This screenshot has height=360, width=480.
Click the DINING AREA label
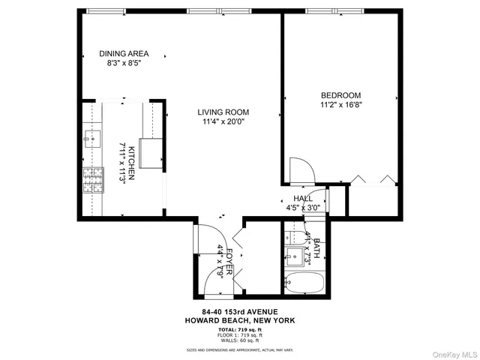point(124,53)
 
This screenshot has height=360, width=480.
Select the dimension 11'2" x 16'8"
point(340,106)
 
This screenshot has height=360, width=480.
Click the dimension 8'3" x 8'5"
point(124,64)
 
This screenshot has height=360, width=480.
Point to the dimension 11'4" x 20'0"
point(223,121)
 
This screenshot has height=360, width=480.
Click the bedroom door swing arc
point(298,169)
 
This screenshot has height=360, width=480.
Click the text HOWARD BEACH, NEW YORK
point(240,320)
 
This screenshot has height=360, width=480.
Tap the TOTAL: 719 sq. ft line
point(240,330)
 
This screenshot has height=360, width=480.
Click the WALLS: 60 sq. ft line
point(240,341)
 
